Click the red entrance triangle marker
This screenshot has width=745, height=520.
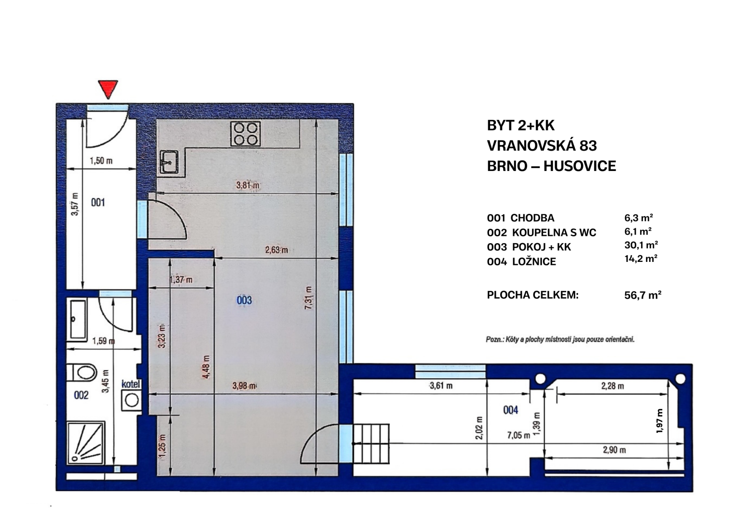click(x=108, y=89)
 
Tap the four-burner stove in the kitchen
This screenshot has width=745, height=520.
click(x=245, y=133)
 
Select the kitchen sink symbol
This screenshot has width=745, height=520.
click(x=169, y=162)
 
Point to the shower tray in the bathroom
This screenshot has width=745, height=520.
click(x=86, y=443)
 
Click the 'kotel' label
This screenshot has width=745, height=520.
click(x=131, y=384)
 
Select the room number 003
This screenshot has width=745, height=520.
click(x=244, y=300)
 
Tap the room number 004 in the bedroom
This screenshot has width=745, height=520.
click(x=510, y=410)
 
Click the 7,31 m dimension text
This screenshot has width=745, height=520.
click(x=308, y=298)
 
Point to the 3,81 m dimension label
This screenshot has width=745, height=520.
click(x=247, y=185)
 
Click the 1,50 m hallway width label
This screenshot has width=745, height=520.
click(x=101, y=161)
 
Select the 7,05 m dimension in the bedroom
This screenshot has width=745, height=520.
click(x=518, y=435)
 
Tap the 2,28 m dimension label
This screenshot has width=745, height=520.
click(x=612, y=386)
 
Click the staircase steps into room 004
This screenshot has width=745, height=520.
click(x=371, y=443)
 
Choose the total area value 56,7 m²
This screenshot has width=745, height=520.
click(x=643, y=295)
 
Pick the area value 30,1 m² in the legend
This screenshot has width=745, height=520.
click(x=641, y=245)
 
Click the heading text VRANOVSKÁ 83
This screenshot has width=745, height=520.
click(x=542, y=146)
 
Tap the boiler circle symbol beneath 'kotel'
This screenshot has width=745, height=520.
click(x=132, y=401)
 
